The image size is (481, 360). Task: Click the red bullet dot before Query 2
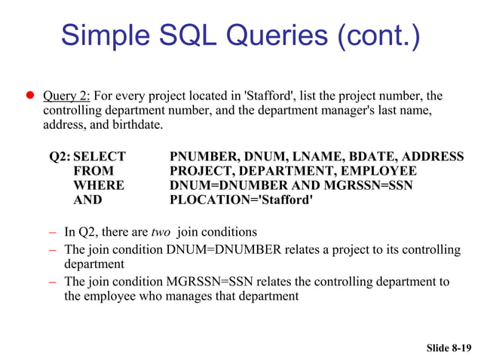click(31, 96)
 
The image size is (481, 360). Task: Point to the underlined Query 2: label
click(67, 96)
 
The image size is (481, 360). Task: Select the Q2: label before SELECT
click(60, 157)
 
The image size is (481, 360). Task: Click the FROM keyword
click(93, 171)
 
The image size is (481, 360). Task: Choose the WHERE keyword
click(98, 185)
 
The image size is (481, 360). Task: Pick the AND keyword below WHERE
click(87, 200)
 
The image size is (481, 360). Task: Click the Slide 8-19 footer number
click(449, 347)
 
